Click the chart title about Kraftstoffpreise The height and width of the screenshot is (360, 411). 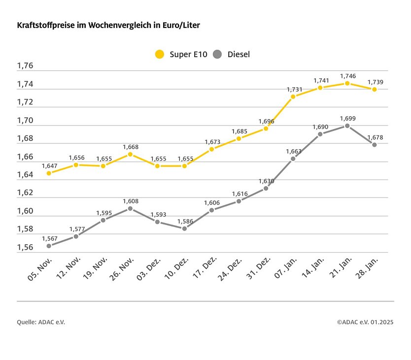click(x=108, y=24)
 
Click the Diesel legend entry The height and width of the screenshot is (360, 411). click(x=233, y=54)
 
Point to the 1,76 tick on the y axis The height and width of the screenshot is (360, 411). click(x=25, y=66)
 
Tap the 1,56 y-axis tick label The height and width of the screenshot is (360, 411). click(x=25, y=247)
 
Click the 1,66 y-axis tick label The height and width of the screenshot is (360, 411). click(x=25, y=157)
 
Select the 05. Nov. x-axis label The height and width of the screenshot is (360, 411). click(x=40, y=268)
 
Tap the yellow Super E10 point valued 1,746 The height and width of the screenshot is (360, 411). click(x=347, y=83)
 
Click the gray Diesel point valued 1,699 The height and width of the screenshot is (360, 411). click(x=347, y=126)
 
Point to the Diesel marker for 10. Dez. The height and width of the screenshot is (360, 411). click(x=184, y=229)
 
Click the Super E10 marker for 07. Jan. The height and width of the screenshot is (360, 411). click(x=293, y=97)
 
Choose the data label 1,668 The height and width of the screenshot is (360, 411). click(x=131, y=147)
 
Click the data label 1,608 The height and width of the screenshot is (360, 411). click(x=131, y=201)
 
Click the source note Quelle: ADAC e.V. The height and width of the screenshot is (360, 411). click(x=41, y=322)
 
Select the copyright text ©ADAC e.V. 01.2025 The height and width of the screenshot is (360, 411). click(x=365, y=322)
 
